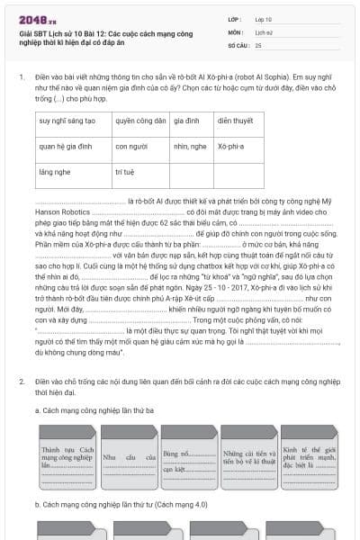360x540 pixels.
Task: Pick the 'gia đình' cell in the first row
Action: coord(186,120)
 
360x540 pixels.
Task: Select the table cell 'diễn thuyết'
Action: coord(235,120)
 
